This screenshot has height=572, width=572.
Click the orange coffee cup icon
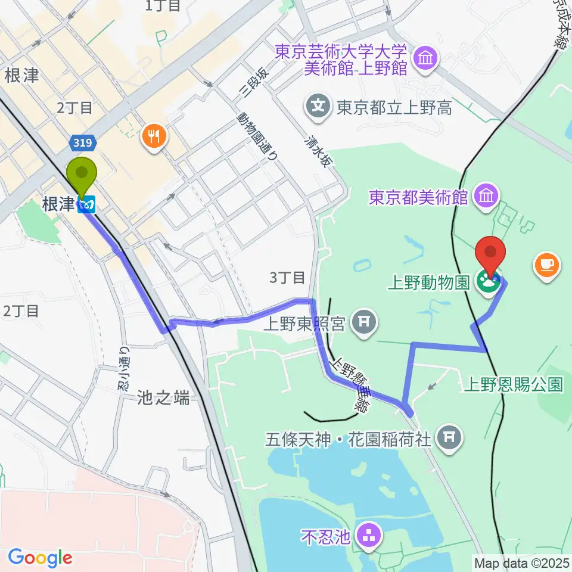pos(547,264)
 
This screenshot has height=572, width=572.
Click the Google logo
pos(40,558)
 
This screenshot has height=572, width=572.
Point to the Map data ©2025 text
pos(522,562)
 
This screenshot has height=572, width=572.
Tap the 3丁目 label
pos(287,277)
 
